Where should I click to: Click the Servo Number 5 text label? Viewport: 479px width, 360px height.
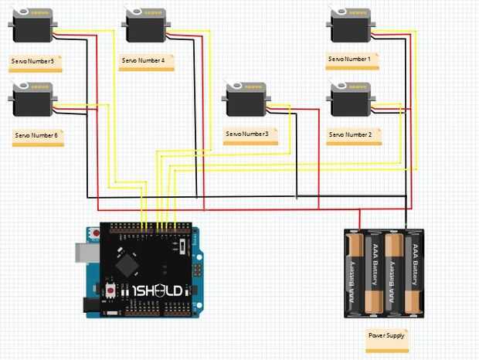click(33, 61)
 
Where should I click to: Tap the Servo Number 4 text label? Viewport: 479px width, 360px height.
click(144, 59)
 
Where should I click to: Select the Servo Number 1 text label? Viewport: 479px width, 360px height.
click(350, 59)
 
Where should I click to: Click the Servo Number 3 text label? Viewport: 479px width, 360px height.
click(247, 134)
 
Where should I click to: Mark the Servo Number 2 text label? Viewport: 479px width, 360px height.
click(350, 134)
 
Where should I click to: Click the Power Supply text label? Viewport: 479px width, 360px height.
click(386, 336)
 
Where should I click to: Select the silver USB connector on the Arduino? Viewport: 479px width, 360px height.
click(83, 252)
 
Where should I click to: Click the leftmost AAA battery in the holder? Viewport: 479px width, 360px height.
click(355, 274)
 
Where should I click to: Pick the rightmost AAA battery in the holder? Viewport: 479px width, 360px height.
click(415, 274)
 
